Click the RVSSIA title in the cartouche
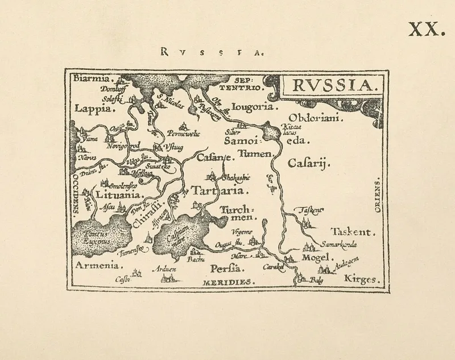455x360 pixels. click(x=329, y=86)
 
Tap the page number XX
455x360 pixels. click(x=425, y=29)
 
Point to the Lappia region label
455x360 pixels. click(x=92, y=109)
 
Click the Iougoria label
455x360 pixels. click(x=254, y=106)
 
